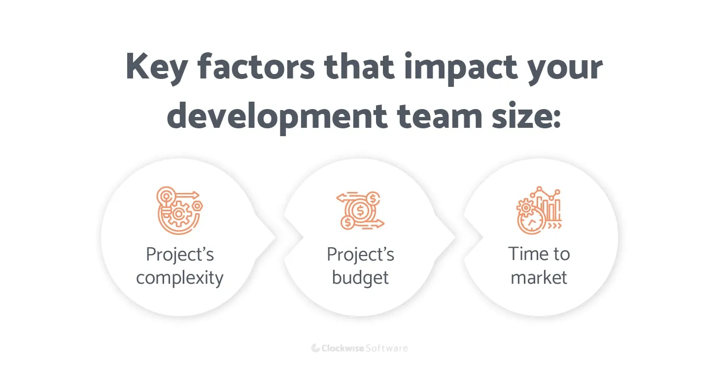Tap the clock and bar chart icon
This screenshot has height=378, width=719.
539,210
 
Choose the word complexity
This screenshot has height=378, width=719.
180,278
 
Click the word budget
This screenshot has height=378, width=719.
360,277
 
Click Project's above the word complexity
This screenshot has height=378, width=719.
180,255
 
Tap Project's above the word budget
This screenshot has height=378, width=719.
360,255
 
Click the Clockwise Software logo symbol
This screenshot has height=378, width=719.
315,348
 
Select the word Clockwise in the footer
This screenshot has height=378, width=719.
343,348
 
